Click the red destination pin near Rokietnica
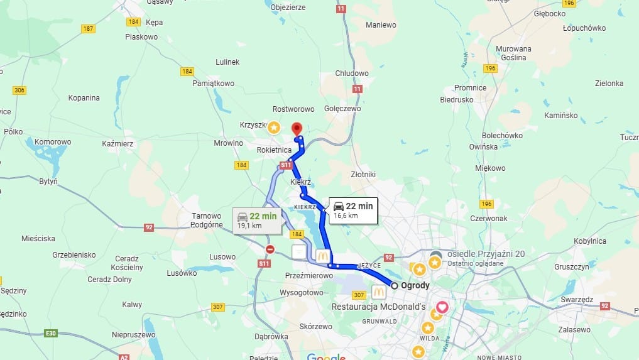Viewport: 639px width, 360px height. [297, 129]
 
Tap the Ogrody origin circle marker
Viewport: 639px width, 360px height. [395, 285]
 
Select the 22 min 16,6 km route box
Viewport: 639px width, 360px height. [352, 210]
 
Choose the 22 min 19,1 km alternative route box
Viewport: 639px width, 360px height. [256, 221]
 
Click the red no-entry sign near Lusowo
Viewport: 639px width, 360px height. [270, 249]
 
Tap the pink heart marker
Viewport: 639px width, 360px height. [442, 307]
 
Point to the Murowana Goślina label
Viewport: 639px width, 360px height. [513, 53]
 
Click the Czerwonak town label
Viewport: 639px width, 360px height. [489, 219]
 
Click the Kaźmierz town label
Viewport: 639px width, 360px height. [117, 144]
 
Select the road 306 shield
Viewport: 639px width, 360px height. [19, 90]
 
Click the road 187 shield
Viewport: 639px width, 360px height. [88, 29]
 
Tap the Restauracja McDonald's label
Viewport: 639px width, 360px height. [379, 307]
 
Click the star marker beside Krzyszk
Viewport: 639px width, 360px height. [274, 128]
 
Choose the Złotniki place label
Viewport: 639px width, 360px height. [363, 174]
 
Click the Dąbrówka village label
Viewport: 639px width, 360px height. [272, 337]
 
